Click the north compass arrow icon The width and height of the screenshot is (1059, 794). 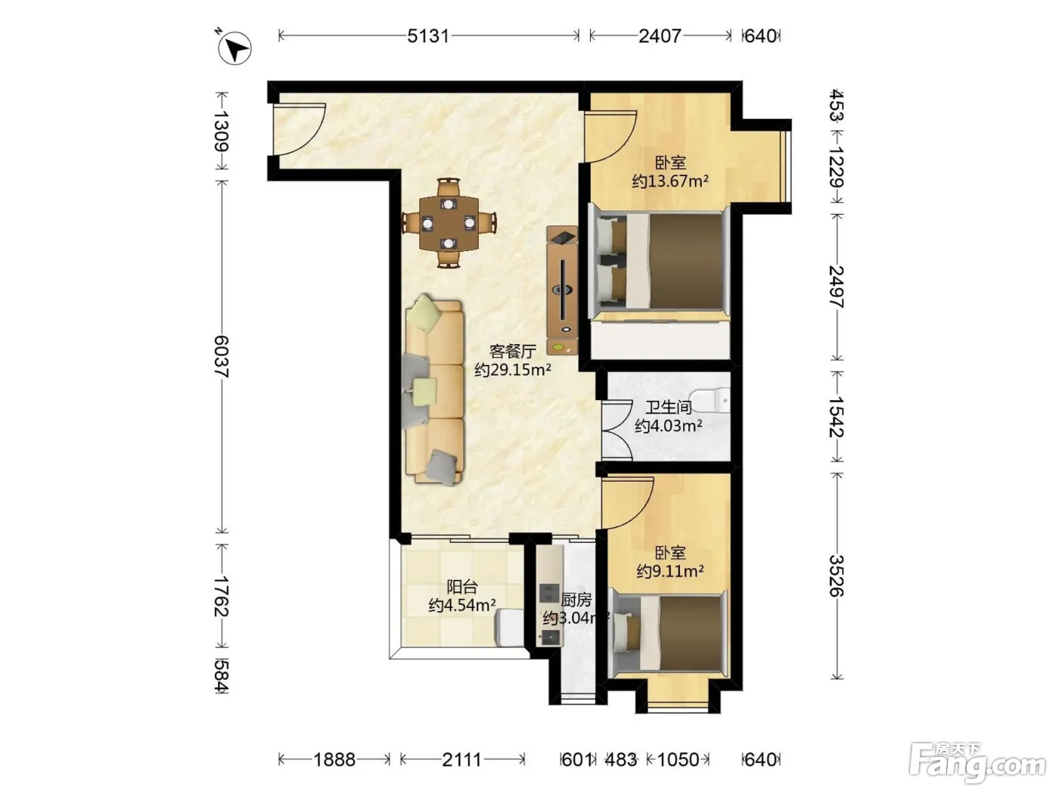click(x=235, y=48)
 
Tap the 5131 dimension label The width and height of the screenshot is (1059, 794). click(x=428, y=36)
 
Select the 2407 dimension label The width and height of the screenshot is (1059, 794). click(x=660, y=36)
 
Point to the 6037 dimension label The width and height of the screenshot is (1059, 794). click(x=222, y=356)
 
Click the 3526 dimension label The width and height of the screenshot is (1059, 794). click(x=837, y=575)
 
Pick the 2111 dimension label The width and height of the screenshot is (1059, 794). click(x=461, y=760)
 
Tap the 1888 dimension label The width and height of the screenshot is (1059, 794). click(x=334, y=760)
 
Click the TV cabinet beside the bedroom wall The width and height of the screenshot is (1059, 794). click(x=562, y=290)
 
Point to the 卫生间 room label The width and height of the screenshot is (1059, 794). click(x=669, y=408)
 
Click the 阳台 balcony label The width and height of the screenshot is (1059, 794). click(x=461, y=587)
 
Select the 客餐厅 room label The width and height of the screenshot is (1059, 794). click(x=513, y=352)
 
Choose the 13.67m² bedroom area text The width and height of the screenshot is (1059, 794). click(x=671, y=181)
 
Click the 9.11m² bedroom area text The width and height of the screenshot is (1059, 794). click(x=670, y=571)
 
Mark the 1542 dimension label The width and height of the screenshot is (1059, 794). click(x=837, y=417)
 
